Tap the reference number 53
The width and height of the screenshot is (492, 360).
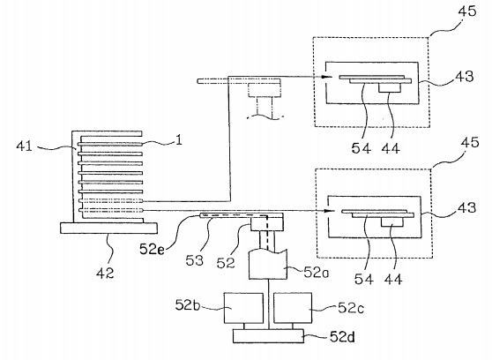(194, 260)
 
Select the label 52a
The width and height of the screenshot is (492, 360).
(316, 273)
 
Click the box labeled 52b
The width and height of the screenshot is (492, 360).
(243, 308)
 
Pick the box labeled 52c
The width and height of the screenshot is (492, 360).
(293, 308)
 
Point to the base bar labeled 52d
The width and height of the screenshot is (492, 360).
(268, 336)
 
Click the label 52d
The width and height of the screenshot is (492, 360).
(342, 337)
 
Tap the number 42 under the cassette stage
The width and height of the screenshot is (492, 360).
(105, 274)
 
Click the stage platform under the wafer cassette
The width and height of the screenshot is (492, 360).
(108, 228)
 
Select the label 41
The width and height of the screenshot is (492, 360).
(24, 146)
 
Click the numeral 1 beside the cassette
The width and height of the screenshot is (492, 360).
(178, 140)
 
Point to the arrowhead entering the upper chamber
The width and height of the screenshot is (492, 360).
(328, 77)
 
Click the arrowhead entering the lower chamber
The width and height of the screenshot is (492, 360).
(330, 211)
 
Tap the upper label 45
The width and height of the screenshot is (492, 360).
(467, 11)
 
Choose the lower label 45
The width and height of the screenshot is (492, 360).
(470, 143)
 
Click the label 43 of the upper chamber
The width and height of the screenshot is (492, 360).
(465, 77)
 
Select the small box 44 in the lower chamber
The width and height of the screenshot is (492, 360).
(392, 221)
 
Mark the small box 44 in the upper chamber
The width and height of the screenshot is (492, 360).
(390, 87)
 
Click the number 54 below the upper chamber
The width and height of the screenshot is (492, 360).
(362, 148)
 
